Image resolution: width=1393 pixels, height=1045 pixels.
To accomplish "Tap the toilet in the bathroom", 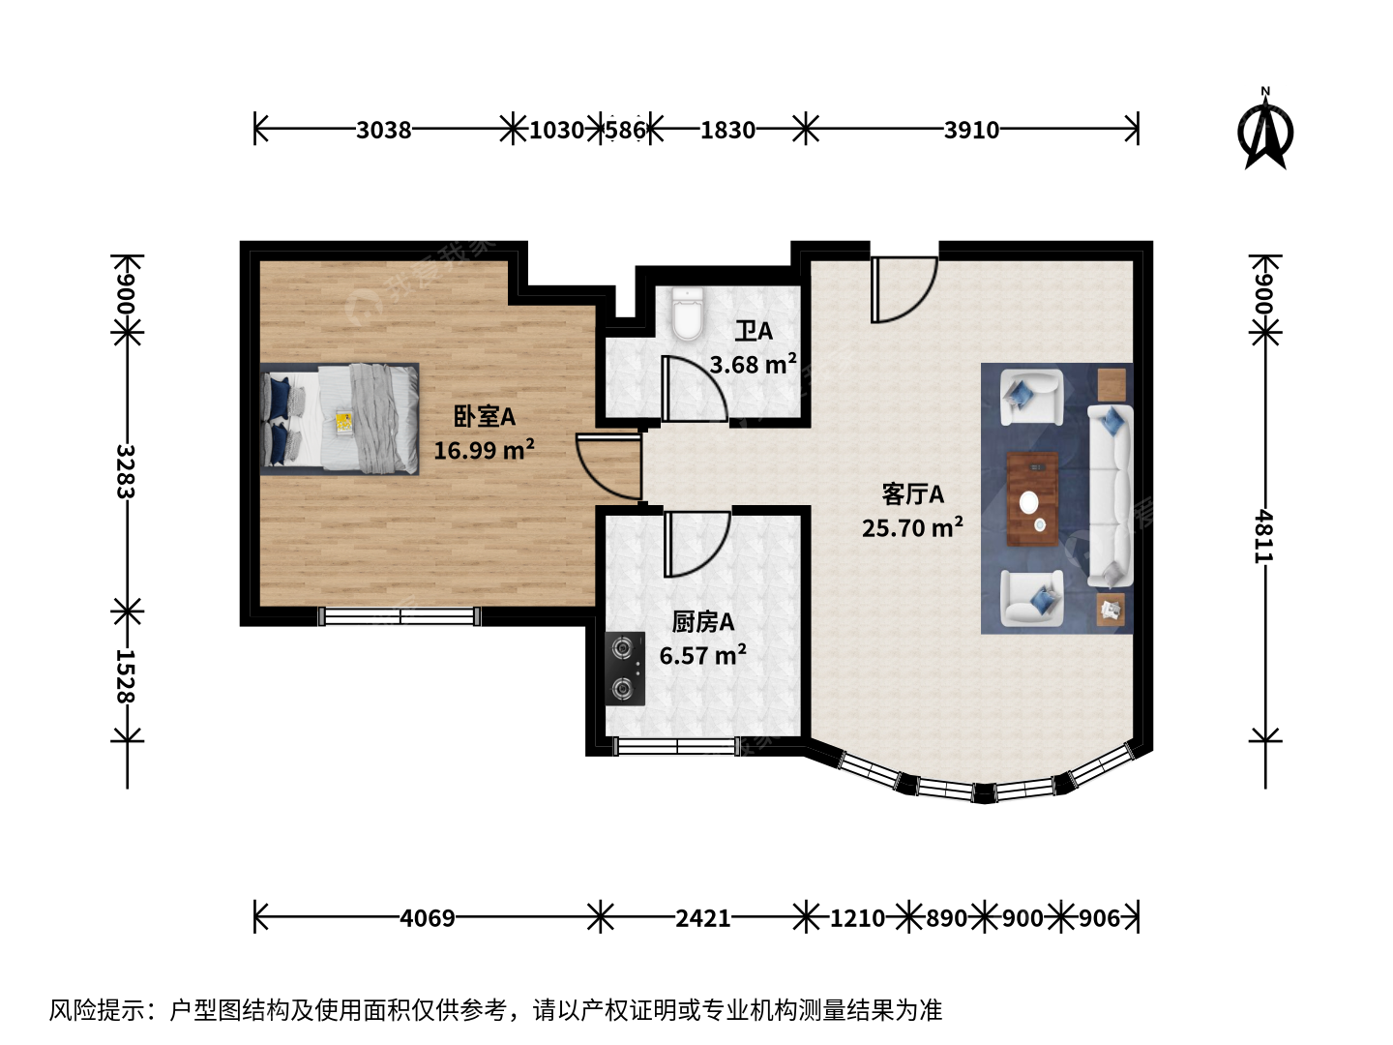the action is pos(688,313).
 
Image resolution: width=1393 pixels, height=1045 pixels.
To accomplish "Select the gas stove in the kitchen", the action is pos(625,669).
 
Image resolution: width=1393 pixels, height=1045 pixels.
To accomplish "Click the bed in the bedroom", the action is pos(340,419).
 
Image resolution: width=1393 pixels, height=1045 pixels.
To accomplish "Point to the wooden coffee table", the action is pos(1032,498).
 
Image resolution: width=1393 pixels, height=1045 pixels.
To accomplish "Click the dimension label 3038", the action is pos(383,130).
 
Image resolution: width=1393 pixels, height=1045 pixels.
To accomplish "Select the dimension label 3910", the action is pos(971,130).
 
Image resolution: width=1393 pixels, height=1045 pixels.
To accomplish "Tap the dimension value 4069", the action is pos(428,918).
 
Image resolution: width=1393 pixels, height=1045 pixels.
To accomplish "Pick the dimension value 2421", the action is pos(702,918).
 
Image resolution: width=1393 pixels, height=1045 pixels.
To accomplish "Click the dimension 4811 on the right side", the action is pos(1263,536).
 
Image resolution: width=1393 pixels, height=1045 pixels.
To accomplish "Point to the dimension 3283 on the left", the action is pos(126,471).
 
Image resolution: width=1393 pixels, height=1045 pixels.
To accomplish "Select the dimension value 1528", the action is pos(126,676).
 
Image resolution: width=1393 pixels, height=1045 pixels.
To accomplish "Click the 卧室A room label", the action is pos(485,417).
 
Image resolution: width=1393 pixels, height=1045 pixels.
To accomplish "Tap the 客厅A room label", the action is pos(912,494).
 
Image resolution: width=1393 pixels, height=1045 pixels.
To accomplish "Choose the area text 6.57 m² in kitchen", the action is pos(702,655).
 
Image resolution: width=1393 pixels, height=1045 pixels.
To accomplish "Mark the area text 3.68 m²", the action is pos(754,364).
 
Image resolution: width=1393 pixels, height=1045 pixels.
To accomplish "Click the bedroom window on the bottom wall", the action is pos(400,616).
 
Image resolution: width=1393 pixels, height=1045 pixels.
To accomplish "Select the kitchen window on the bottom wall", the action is pos(677,746).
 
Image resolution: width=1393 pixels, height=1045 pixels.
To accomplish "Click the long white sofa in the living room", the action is pos(1110,496).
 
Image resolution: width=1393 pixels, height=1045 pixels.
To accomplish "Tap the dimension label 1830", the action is pos(727,130).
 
